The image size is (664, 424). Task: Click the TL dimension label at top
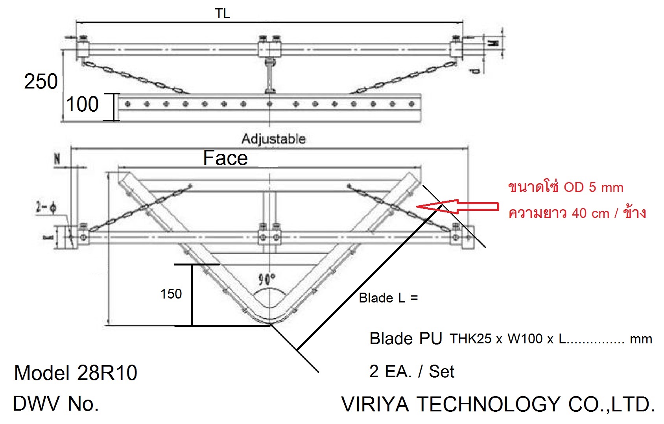click(222, 13)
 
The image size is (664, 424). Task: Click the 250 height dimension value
click(41, 81)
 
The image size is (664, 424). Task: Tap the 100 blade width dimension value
click(82, 104)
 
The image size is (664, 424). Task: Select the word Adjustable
click(274, 138)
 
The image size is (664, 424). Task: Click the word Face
click(225, 158)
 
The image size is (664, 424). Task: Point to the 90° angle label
click(266, 279)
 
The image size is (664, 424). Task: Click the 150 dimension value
click(171, 294)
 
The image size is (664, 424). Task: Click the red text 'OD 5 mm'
click(594, 187)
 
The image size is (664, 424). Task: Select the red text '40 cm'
click(590, 213)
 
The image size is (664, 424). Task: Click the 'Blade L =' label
click(388, 298)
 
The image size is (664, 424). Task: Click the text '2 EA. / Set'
click(412, 371)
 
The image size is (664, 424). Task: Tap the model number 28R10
click(107, 373)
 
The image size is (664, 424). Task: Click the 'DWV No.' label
click(56, 404)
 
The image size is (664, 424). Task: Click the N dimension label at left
click(57, 159)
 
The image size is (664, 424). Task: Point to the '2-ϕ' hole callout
click(46, 207)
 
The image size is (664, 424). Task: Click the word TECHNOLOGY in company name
click(488, 404)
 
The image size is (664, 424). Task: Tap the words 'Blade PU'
click(406, 339)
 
